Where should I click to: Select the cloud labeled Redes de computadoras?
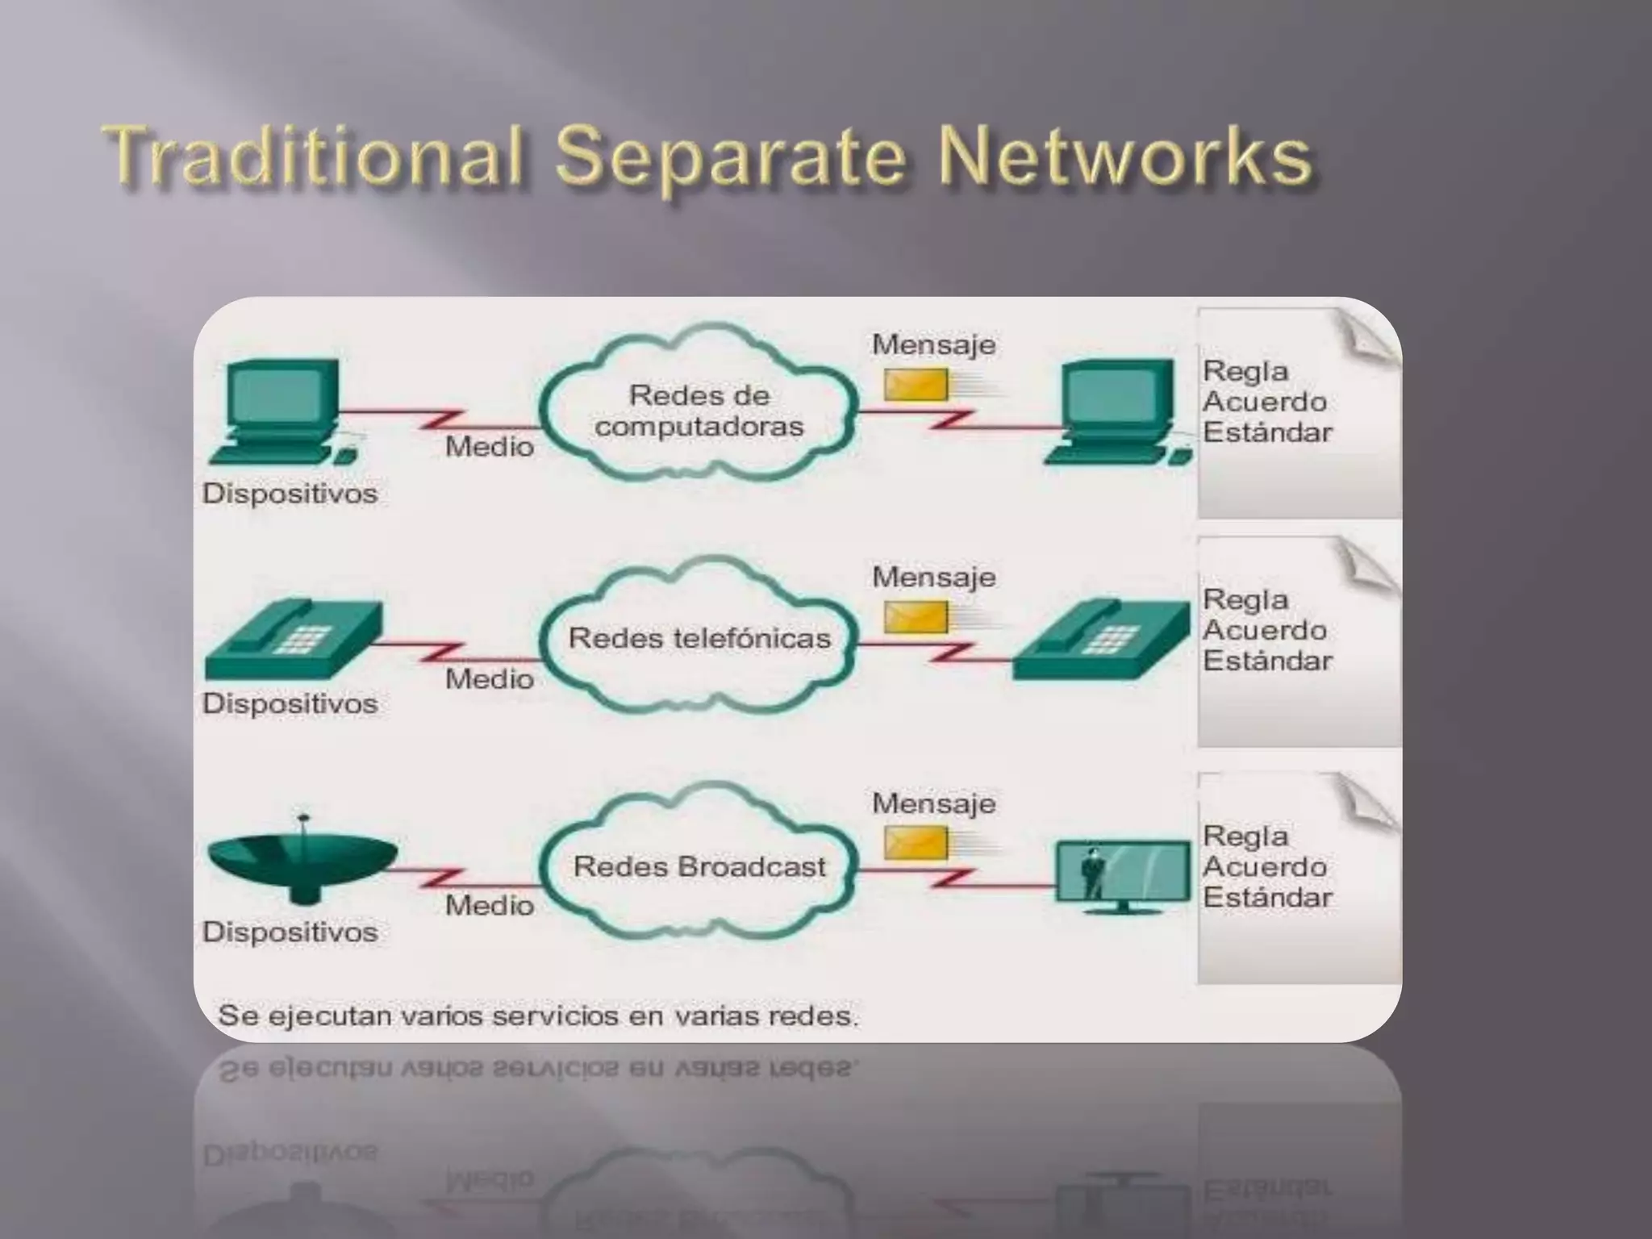point(699,411)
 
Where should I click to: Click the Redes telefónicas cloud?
point(699,638)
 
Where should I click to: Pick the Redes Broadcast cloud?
point(699,866)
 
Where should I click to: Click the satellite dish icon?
point(302,863)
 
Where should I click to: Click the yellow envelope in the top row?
point(916,385)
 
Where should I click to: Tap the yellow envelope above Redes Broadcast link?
point(916,843)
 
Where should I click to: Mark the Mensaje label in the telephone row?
point(933,577)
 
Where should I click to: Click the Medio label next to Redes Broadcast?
point(490,906)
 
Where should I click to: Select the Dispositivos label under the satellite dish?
point(290,932)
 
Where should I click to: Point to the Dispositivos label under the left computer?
point(290,493)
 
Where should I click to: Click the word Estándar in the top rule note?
point(1267,432)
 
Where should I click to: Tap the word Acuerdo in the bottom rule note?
point(1264,867)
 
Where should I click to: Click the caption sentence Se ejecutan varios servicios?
point(537,1016)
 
